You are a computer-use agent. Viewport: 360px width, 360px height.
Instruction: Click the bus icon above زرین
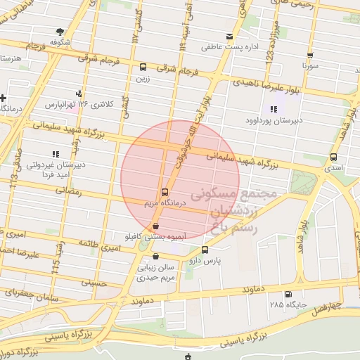tap(143, 68)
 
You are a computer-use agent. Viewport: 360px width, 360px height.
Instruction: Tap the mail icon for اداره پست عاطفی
tap(229, 37)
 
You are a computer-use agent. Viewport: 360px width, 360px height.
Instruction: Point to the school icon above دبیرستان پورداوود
tap(273, 109)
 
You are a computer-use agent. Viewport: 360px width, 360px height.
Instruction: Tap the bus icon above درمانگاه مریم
tap(165, 191)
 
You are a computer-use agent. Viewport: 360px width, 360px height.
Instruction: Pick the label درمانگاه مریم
tap(163, 202)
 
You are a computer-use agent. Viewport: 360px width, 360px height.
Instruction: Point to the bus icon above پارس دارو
tap(205, 250)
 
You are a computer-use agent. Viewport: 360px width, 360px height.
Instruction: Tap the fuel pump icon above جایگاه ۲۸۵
tap(288, 294)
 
